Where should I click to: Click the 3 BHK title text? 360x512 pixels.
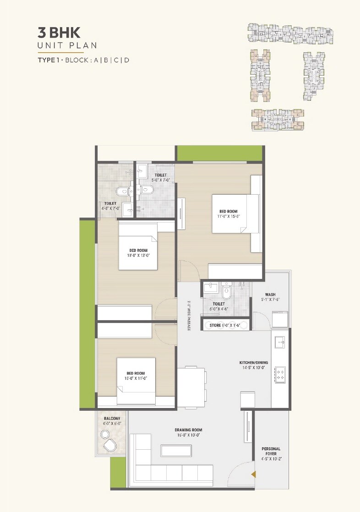pos(59,33)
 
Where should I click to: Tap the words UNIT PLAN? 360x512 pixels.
pos(67,46)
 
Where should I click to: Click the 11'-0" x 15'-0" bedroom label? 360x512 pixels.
pos(229,213)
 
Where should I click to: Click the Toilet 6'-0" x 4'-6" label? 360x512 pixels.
pos(218,306)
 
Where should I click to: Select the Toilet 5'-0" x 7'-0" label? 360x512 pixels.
pos(160,177)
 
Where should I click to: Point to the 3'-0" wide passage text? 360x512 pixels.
pos(188,315)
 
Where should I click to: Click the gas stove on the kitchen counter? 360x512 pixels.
pos(280,374)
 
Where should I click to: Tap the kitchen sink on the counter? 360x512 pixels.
pos(280,341)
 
